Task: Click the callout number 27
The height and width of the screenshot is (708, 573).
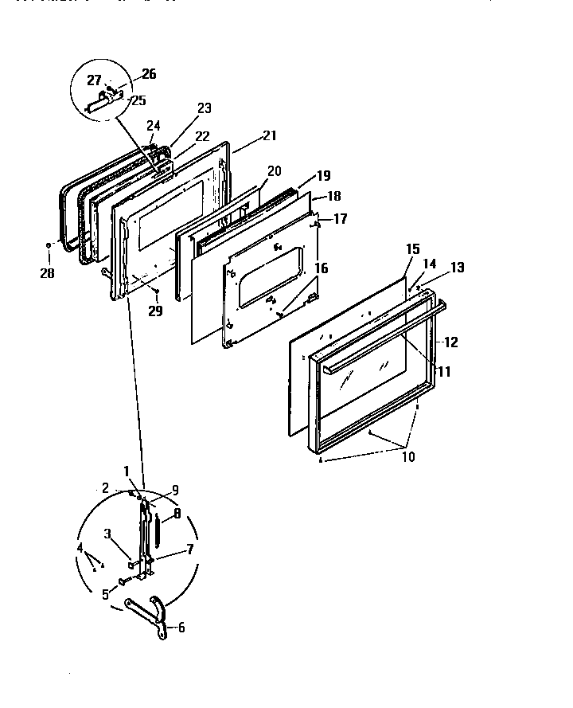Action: (94, 80)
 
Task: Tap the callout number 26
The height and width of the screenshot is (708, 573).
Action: (149, 74)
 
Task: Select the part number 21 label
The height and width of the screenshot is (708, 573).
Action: (269, 135)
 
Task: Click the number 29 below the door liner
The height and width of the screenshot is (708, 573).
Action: (155, 311)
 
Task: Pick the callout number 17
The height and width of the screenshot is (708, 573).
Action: (340, 219)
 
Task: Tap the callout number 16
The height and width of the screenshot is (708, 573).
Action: (320, 268)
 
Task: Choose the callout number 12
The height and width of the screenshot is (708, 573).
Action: (450, 342)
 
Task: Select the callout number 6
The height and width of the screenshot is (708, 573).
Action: (181, 627)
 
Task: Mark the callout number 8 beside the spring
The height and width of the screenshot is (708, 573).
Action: (177, 514)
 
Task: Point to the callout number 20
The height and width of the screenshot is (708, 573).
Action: (274, 170)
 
